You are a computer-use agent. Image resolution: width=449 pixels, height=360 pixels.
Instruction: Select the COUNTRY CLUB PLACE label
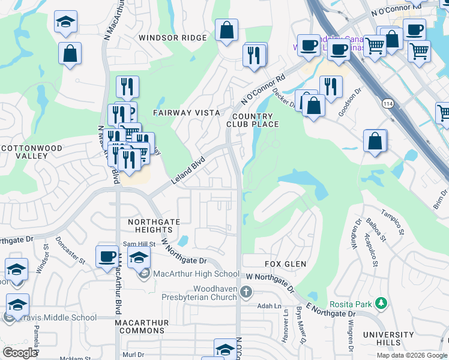[252, 120]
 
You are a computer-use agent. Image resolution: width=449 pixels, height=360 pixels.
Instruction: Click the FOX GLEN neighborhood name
[286, 264]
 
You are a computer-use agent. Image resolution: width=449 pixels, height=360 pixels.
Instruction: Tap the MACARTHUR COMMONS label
[142, 327]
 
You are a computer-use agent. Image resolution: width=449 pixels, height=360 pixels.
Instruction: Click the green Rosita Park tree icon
[380, 304]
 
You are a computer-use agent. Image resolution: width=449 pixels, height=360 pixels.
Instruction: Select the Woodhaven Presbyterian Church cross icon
[245, 292]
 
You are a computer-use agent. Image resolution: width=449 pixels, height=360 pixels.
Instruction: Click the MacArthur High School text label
[188, 274]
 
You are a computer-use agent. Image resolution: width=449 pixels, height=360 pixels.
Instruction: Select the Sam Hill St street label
[139, 244]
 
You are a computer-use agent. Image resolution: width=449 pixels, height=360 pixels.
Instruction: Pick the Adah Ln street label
[269, 306]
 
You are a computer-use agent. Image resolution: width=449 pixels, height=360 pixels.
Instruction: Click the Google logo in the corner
[19, 353]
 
